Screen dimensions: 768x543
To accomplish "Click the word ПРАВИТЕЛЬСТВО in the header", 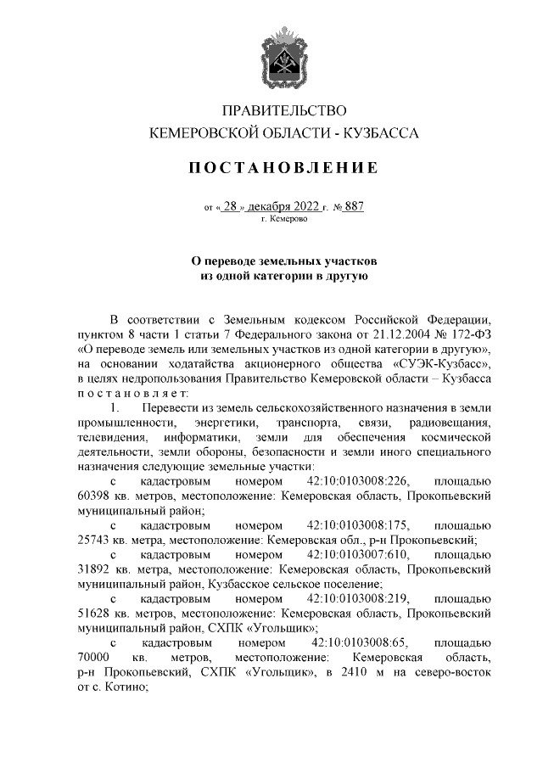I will click(x=283, y=111).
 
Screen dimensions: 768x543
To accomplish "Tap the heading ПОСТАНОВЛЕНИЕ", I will click(x=283, y=168).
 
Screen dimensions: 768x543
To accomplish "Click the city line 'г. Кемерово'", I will click(x=283, y=219).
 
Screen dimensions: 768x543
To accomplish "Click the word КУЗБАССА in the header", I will click(x=382, y=133).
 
